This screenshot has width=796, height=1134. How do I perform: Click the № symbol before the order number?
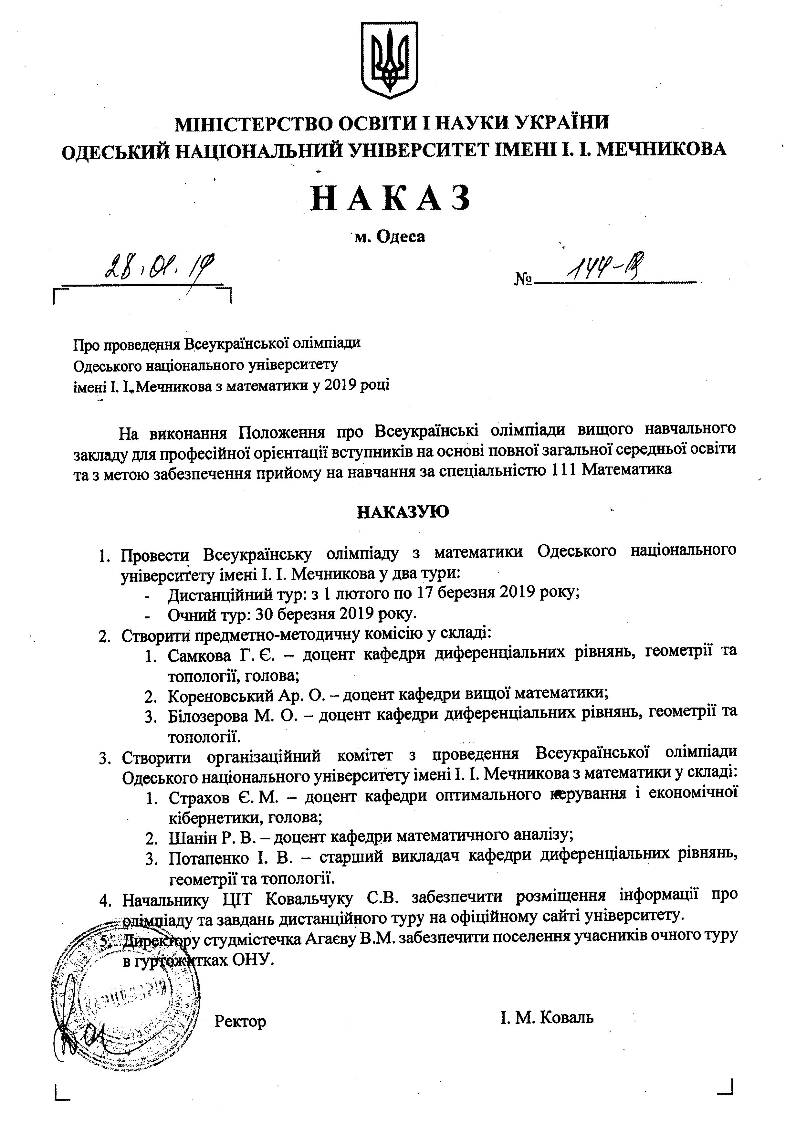[523, 279]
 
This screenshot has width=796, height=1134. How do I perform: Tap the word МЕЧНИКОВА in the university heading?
[662, 149]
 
